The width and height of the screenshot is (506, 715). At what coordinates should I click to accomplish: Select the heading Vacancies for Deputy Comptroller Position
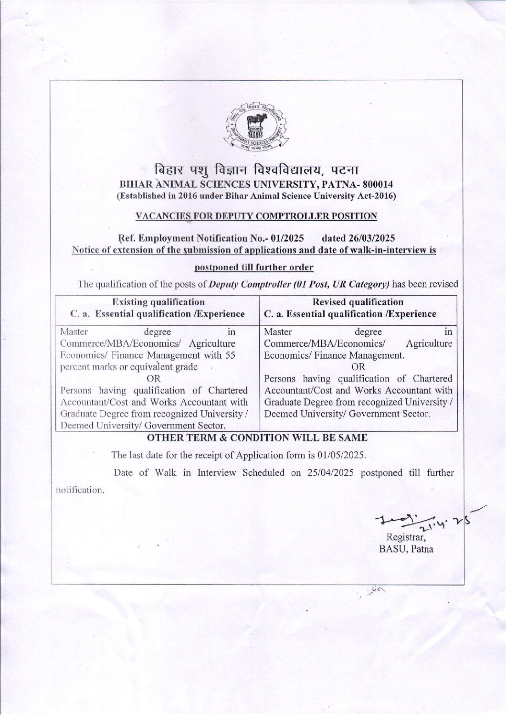point(256,216)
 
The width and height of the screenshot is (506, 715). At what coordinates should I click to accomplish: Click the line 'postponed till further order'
point(254,267)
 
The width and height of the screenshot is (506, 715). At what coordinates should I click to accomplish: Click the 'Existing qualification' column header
point(158,302)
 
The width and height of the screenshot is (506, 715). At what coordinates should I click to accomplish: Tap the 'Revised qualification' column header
point(358,302)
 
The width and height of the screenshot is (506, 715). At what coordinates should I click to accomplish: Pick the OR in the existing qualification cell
point(154,379)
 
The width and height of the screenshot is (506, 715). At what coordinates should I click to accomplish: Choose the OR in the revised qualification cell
point(358,367)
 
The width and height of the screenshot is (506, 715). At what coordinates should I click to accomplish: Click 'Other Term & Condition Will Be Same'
point(257,438)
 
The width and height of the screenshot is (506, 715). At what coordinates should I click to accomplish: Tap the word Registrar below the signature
point(406,537)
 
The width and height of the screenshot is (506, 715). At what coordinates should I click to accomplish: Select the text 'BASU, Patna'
point(406,549)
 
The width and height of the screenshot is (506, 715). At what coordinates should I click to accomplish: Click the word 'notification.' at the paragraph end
point(80,490)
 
